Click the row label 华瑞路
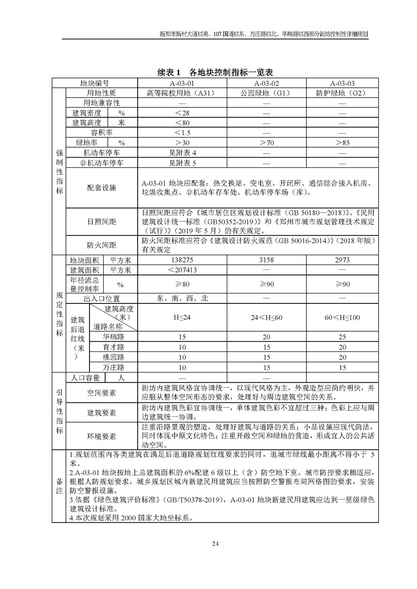click(x=113, y=337)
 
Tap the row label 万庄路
click(x=113, y=367)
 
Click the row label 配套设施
click(x=102, y=187)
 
